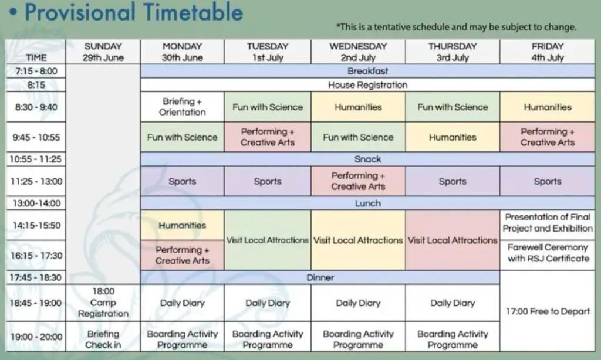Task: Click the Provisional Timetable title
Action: (x=134, y=12)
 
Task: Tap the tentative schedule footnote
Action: (x=456, y=27)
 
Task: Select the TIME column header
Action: (x=36, y=57)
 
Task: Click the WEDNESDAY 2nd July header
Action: (x=358, y=52)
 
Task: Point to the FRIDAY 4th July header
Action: (x=548, y=52)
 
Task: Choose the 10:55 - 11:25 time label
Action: (x=36, y=159)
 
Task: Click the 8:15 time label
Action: (x=36, y=84)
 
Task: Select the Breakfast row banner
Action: (x=367, y=71)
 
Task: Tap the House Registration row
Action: (x=367, y=84)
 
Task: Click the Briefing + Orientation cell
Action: (x=182, y=107)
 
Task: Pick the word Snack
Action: (x=367, y=159)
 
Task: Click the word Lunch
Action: (x=367, y=203)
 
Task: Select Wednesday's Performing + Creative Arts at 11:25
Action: (x=358, y=181)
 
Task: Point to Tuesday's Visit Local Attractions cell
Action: (x=268, y=240)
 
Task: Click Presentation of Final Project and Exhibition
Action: (x=548, y=223)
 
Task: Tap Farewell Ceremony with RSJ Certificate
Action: (x=548, y=253)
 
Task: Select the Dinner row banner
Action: (x=320, y=277)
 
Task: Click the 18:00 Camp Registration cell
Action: (x=103, y=303)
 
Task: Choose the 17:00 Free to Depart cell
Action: (x=548, y=311)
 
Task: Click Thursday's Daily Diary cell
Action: (x=453, y=303)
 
